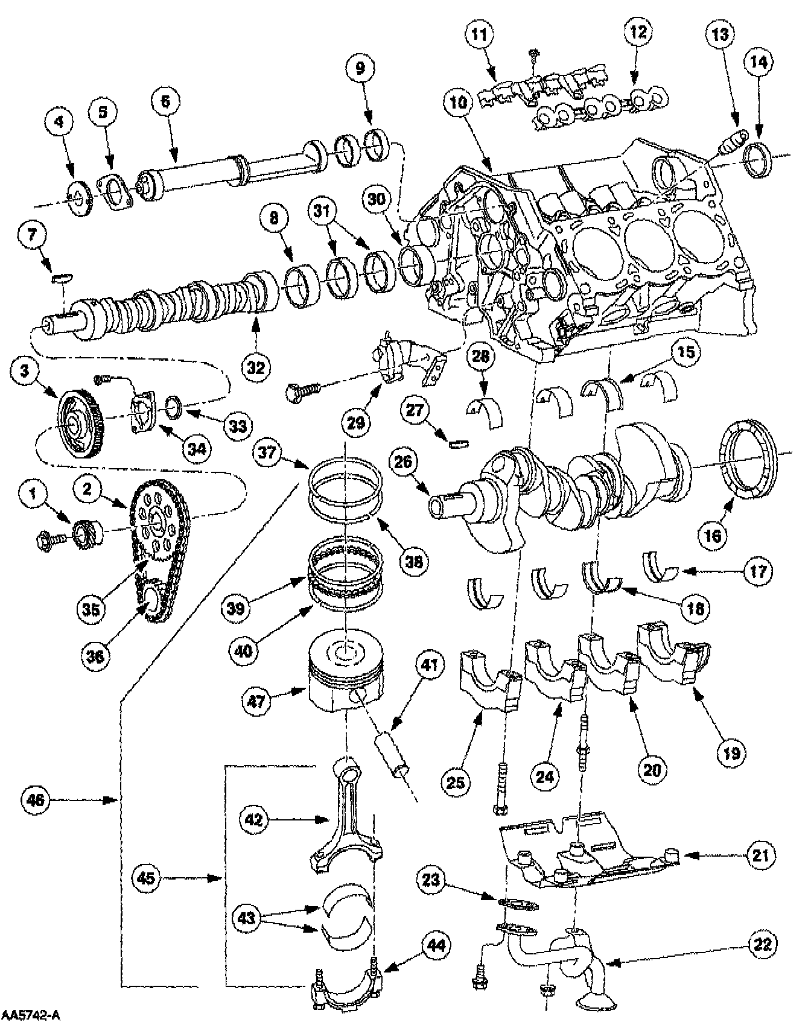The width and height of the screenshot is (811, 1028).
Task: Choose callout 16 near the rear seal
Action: (713, 535)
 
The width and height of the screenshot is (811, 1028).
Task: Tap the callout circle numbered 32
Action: (256, 367)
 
